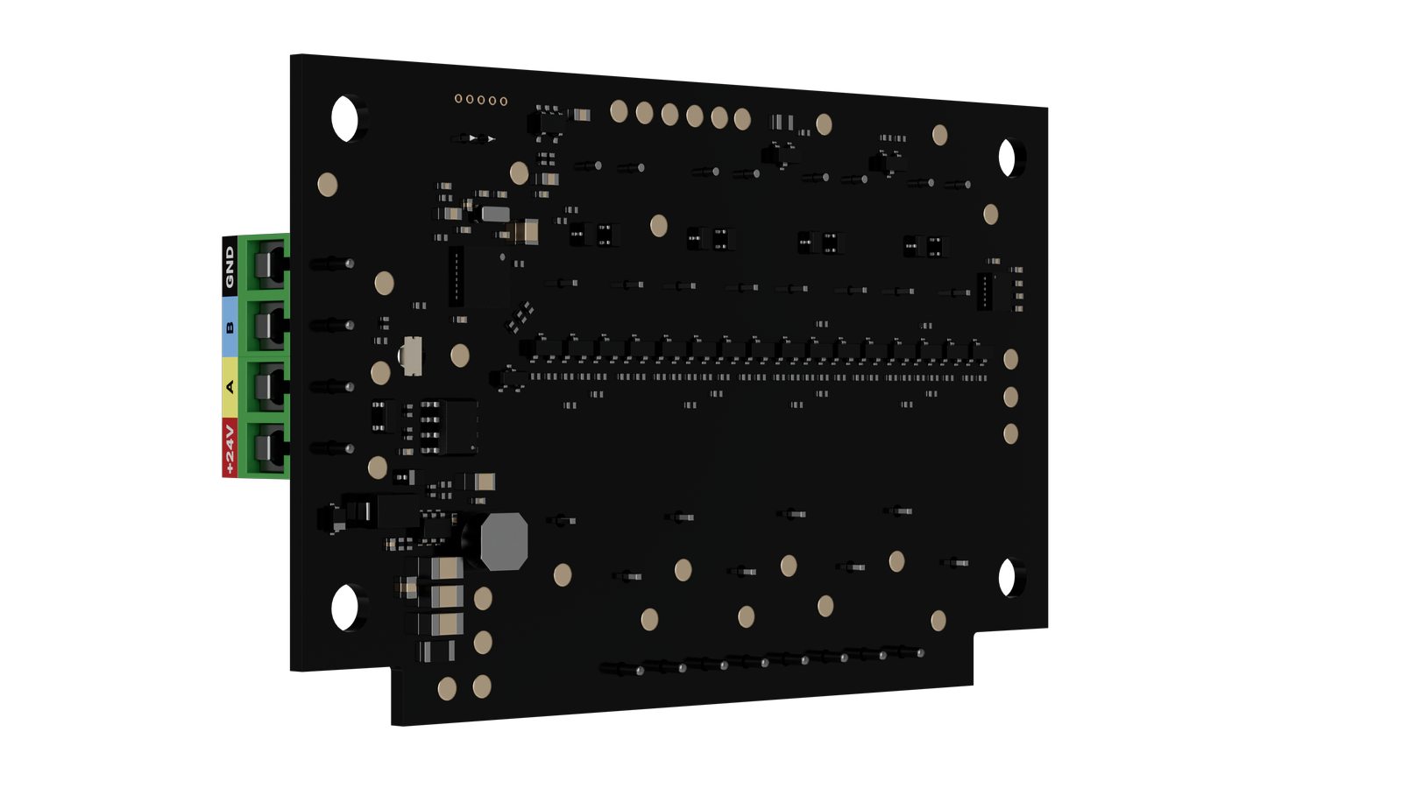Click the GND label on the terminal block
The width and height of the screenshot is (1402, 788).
(230, 266)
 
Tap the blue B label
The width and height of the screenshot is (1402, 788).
(230, 327)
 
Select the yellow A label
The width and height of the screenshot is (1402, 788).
(230, 387)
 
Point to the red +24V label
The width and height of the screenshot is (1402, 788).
(230, 447)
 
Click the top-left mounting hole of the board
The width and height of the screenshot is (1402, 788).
(349, 117)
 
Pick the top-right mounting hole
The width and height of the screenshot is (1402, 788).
(1012, 158)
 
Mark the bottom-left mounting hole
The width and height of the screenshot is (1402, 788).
(349, 607)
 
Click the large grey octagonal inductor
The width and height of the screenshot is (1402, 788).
(504, 541)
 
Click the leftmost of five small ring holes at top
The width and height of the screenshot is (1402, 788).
(458, 99)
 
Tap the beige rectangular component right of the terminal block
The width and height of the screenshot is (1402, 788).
(411, 355)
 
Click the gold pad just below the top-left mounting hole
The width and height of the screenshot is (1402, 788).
(328, 185)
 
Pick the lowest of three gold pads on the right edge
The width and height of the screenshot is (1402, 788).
(1010, 434)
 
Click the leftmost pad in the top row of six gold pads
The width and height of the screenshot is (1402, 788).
(619, 111)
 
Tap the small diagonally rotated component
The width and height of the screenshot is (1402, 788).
(521, 316)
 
